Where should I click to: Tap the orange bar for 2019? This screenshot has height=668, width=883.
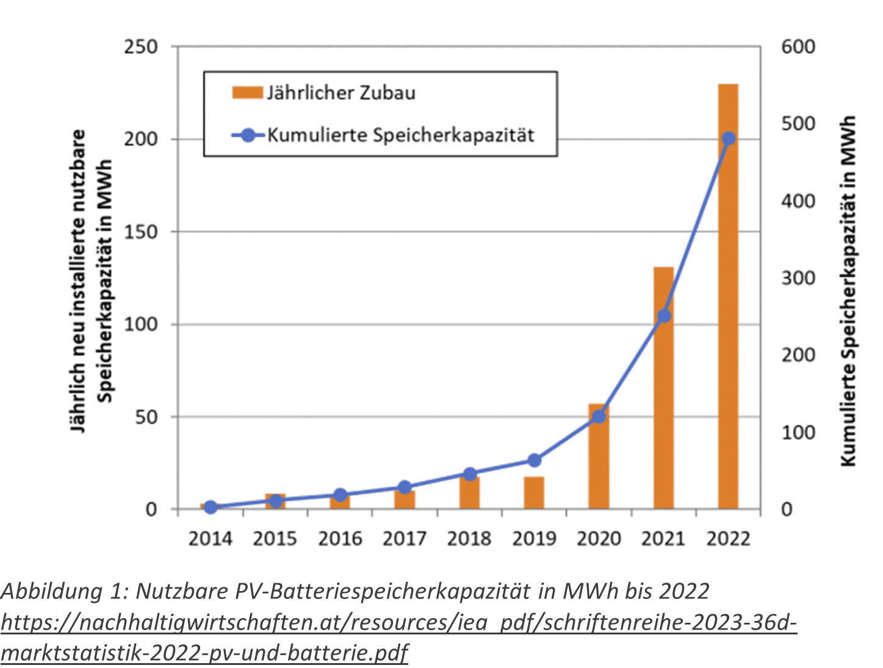click(x=534, y=493)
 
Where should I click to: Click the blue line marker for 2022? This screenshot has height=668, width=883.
click(x=728, y=139)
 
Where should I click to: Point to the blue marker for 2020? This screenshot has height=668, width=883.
click(x=599, y=416)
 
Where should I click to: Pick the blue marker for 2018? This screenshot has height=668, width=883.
click(x=469, y=474)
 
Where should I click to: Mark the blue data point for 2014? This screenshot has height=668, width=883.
click(x=211, y=507)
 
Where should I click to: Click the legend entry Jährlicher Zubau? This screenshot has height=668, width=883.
click(x=341, y=93)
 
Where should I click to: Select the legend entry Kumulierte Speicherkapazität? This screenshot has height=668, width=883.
click(x=400, y=135)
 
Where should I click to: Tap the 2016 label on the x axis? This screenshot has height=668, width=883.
click(x=340, y=539)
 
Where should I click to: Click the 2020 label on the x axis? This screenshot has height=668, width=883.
click(x=599, y=539)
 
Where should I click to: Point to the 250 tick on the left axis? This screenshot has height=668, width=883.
click(x=141, y=47)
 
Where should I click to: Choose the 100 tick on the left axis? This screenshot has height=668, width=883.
click(x=141, y=324)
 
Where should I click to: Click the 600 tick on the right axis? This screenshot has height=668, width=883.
click(x=798, y=47)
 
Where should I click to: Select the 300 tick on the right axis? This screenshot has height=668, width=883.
click(x=798, y=278)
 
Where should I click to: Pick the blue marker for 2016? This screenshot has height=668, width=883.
click(x=341, y=495)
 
